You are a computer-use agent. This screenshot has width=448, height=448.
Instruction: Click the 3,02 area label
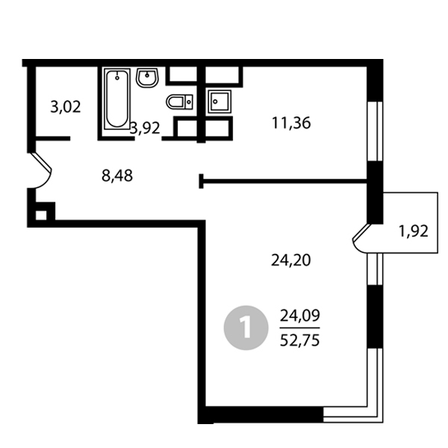coord(66,108)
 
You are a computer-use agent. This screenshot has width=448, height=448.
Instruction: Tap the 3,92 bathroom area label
coord(145,128)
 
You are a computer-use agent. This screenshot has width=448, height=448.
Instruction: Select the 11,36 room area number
coord(291,123)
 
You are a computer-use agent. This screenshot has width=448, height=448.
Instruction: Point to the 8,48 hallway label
coord(117,175)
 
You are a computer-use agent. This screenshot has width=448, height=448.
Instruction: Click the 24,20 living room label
coord(290,261)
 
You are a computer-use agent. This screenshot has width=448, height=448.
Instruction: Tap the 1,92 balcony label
coord(414,231)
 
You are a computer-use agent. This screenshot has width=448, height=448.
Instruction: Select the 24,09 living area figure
coord(299,316)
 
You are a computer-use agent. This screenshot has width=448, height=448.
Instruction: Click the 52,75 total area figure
coord(299,340)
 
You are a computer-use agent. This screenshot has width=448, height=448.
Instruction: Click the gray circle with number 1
coord(246,328)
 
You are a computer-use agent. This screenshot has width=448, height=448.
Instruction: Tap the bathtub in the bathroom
coord(117,99)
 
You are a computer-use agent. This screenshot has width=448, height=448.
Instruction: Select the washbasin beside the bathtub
coord(147,78)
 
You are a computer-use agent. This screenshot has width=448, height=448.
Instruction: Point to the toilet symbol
coord(179,102)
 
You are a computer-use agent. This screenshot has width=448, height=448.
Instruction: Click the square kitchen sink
coord(220,102)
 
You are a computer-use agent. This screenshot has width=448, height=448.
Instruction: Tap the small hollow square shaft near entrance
coord(40,215)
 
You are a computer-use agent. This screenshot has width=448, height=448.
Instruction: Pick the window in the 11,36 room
coord(375,131)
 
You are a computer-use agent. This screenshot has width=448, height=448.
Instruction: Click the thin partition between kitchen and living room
coord(283,181)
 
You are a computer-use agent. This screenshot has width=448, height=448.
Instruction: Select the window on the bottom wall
coord(352,414)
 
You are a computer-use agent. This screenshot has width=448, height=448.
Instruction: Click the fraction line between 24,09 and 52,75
coord(299,328)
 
